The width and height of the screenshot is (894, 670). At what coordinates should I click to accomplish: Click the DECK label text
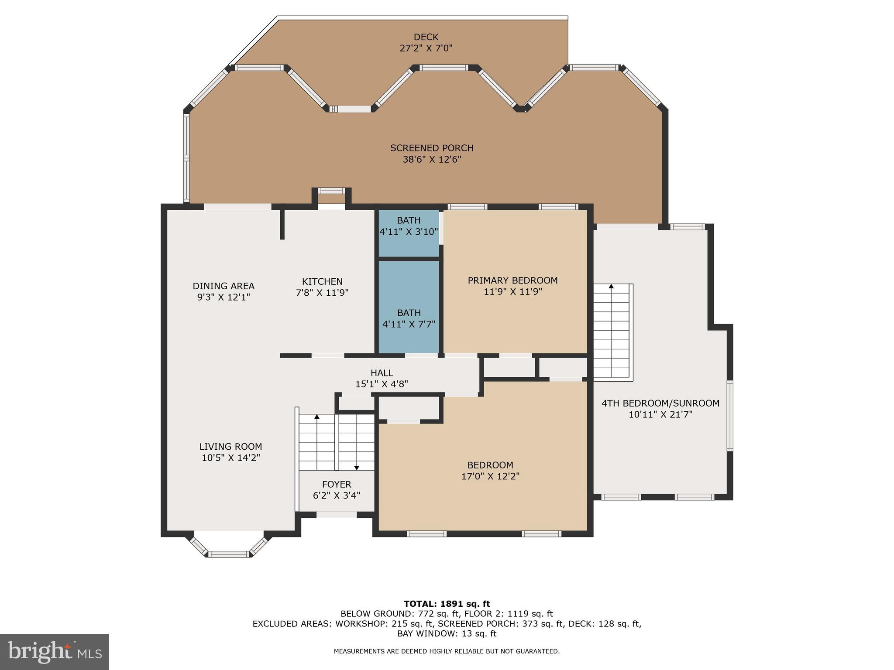point(426,37)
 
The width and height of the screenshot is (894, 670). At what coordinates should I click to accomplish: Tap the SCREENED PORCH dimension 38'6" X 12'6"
point(432,160)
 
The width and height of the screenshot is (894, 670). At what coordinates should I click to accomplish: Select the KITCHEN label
point(322,282)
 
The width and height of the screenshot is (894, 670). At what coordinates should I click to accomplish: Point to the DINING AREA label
point(223,286)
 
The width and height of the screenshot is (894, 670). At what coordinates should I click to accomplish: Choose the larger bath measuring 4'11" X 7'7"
point(409,319)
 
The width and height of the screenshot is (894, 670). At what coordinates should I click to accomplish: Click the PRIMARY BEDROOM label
point(512,280)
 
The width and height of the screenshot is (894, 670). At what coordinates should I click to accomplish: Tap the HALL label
point(382,373)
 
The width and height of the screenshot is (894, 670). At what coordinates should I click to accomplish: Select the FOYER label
point(337,484)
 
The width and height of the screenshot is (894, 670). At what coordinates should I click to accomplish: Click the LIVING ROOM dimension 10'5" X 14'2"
point(231,458)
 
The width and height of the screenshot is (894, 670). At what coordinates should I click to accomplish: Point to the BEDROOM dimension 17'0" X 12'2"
point(490,476)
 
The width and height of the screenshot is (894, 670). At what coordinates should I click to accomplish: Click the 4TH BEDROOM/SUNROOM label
point(660,403)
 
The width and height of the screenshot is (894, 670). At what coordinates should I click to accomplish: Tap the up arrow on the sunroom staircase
point(611,287)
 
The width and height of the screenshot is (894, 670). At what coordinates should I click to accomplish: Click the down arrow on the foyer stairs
point(357,467)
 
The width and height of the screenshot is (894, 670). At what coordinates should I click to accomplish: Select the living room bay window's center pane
point(229,554)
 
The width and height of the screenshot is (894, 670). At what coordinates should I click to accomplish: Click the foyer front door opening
point(336,515)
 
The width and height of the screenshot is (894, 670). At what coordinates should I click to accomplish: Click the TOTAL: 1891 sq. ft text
point(447,604)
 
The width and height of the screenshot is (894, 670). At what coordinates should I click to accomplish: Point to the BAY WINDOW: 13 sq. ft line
point(447,634)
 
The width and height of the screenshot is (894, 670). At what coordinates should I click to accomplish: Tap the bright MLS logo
point(55,652)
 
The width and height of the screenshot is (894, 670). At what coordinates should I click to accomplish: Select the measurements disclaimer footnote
point(447,652)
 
